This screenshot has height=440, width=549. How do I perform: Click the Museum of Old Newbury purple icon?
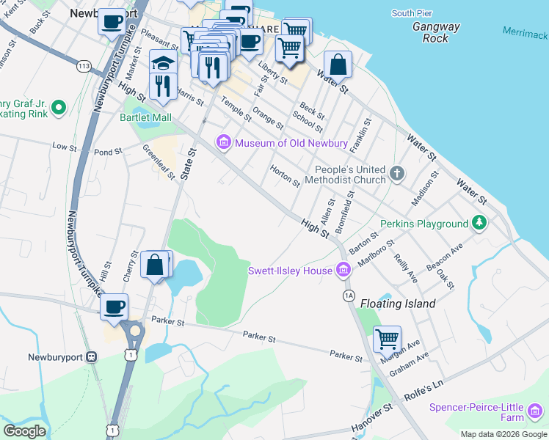pyautogui.click(x=224, y=142)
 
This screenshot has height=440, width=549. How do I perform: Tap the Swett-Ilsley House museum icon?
pyautogui.click(x=342, y=271)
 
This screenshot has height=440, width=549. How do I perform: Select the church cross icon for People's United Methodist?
pyautogui.click(x=397, y=174)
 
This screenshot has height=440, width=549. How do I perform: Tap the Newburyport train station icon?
pyautogui.click(x=92, y=356)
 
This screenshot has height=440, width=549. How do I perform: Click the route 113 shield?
pyautogui.click(x=84, y=67)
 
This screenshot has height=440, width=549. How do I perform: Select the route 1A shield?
pyautogui.click(x=349, y=294)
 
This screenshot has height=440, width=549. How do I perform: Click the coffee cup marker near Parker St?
pyautogui.click(x=114, y=307)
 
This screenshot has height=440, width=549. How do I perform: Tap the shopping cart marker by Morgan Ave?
pyautogui.click(x=387, y=339)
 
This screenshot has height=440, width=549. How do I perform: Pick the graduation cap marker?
pyautogui.click(x=162, y=63)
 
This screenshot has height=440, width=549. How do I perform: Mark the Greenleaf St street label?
pyautogui.click(x=159, y=163)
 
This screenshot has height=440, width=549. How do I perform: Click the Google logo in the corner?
pyautogui.click(x=24, y=430)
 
